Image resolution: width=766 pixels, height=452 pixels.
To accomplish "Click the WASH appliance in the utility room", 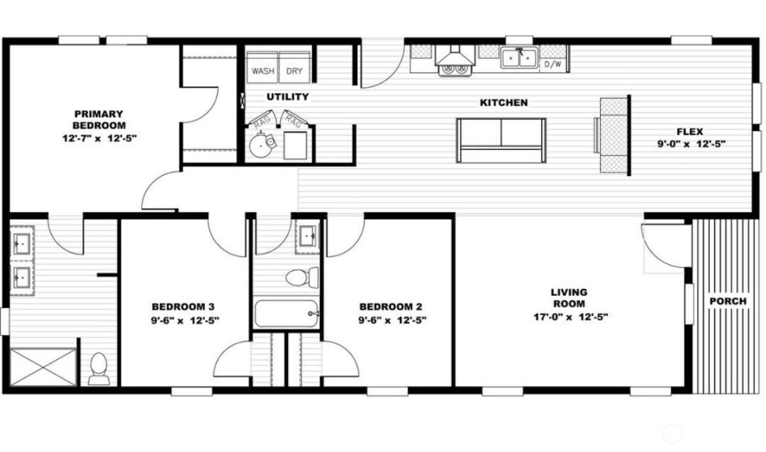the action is [x=262, y=67].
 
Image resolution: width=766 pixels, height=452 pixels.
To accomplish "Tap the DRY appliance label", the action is [x=294, y=72].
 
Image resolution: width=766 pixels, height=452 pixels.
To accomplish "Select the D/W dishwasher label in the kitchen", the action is [x=553, y=64].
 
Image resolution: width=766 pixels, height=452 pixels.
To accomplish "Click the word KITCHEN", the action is [x=504, y=103].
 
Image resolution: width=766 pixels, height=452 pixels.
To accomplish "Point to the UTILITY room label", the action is [x=288, y=97].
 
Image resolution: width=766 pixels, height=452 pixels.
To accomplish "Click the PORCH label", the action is [x=728, y=301].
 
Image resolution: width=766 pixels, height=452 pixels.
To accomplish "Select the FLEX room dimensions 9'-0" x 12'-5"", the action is [x=691, y=143].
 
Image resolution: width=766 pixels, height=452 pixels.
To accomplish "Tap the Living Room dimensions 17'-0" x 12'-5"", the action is [x=570, y=316].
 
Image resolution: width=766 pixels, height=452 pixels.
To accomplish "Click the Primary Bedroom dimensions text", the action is [x=99, y=138].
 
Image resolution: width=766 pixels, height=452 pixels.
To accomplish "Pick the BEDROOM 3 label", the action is [x=183, y=307].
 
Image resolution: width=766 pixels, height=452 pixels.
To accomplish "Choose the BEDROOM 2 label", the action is [x=391, y=307].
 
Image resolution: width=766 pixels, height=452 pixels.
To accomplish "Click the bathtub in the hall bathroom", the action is [x=287, y=313].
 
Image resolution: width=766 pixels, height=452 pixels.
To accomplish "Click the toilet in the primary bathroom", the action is [x=99, y=368].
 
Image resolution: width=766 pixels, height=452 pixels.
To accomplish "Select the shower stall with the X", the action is [x=43, y=368].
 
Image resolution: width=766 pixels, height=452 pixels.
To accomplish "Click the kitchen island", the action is [x=501, y=140].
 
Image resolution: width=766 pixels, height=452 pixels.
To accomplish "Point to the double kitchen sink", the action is [x=518, y=57].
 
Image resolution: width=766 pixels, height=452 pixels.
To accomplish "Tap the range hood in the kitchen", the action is [x=455, y=55].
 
